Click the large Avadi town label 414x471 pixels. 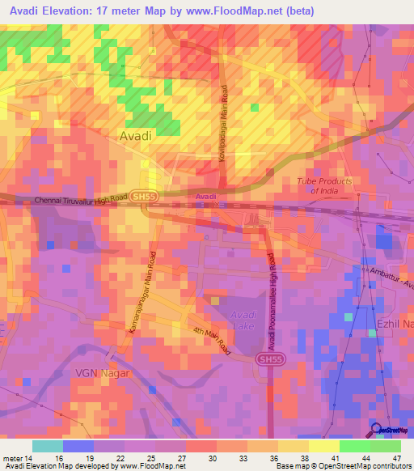[135, 137]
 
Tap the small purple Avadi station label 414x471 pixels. [206, 197]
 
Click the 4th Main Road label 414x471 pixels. [212, 341]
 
